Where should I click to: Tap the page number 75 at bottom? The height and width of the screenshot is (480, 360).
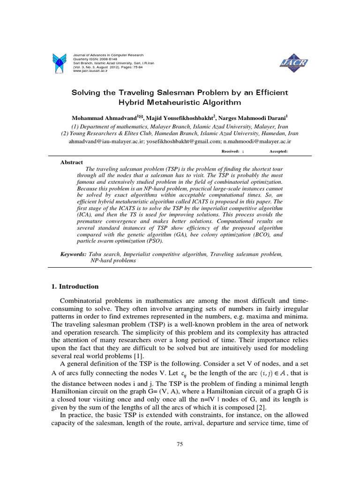[180, 445]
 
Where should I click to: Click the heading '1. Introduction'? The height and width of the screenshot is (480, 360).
[75, 286]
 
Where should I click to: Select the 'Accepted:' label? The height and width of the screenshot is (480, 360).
[278, 151]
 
